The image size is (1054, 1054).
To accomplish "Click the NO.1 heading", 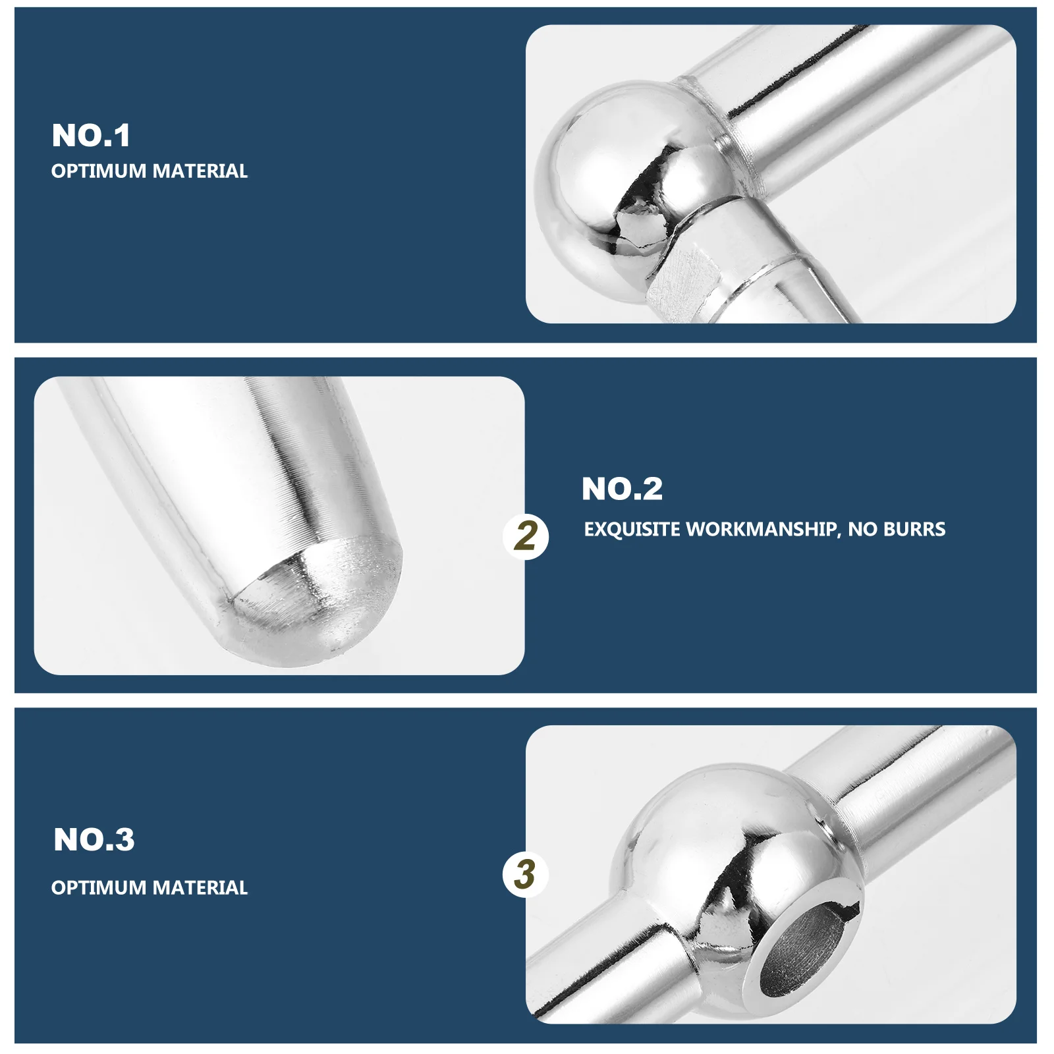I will [x=91, y=136].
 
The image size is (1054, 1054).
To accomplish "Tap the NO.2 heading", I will [x=622, y=489].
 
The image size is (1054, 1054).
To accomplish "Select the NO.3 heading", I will [x=94, y=840].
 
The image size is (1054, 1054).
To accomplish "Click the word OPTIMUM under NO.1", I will [x=99, y=171].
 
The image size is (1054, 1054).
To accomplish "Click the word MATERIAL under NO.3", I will [x=200, y=888].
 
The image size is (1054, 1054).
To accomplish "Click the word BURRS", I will [x=914, y=530].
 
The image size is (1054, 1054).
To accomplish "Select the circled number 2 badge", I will [x=526, y=536].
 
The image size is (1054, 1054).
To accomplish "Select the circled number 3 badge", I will [x=525, y=875].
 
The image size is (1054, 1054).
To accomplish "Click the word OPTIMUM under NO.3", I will [x=99, y=888].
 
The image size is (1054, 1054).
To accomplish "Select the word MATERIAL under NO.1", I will [x=200, y=171].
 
